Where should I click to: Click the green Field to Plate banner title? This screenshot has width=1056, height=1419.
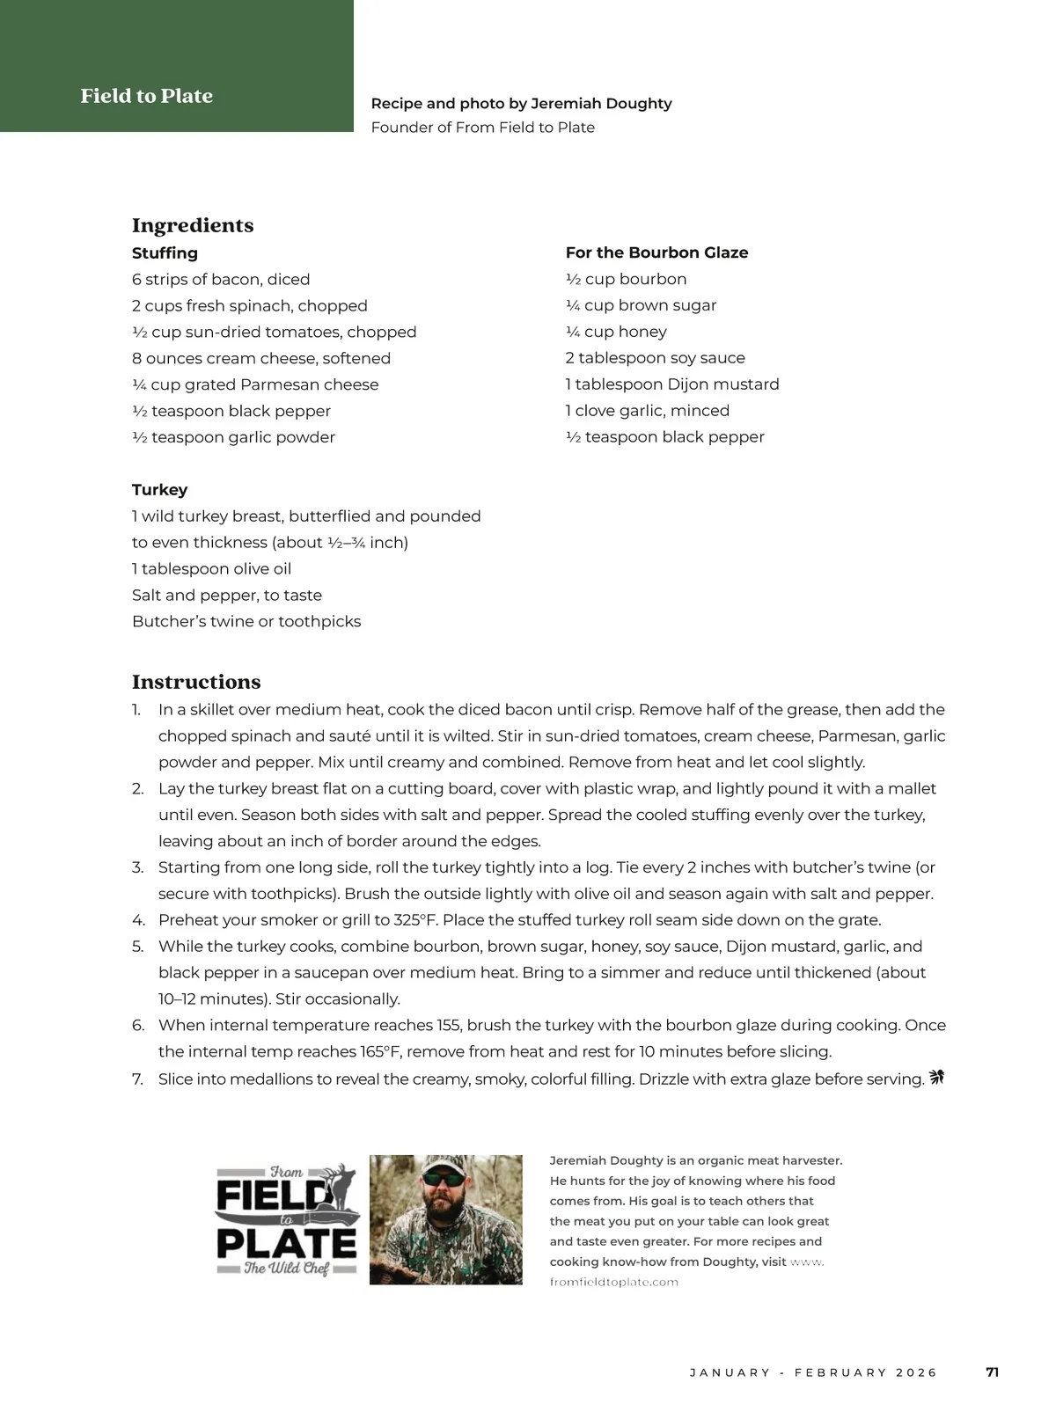[x=146, y=96]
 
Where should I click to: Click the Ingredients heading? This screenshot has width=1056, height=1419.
[x=193, y=225]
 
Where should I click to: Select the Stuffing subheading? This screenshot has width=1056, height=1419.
[x=165, y=253]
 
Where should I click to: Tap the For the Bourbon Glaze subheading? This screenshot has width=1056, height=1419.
[x=656, y=252]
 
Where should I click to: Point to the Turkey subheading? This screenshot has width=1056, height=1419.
[x=159, y=490]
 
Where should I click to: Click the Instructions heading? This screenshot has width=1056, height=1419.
[x=196, y=682]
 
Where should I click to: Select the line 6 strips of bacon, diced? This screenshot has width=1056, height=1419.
[x=221, y=280]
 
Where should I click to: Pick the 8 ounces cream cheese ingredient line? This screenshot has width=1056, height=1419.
[x=261, y=358]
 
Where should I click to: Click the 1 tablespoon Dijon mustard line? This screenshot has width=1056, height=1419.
[x=672, y=384]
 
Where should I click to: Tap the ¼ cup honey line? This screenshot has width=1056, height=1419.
[x=616, y=332]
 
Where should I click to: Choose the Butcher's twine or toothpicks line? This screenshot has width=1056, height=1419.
[x=246, y=622]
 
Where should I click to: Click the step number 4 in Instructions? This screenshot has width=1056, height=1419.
[x=138, y=920]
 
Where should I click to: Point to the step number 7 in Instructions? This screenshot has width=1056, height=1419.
[x=138, y=1079]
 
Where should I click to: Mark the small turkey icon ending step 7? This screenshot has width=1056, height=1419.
[x=936, y=1077]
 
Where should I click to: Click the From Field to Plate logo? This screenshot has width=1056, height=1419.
[x=287, y=1219]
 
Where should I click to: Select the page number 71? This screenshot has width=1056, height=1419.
[x=992, y=1372]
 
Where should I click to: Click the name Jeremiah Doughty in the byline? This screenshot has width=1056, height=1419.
[x=601, y=104]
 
